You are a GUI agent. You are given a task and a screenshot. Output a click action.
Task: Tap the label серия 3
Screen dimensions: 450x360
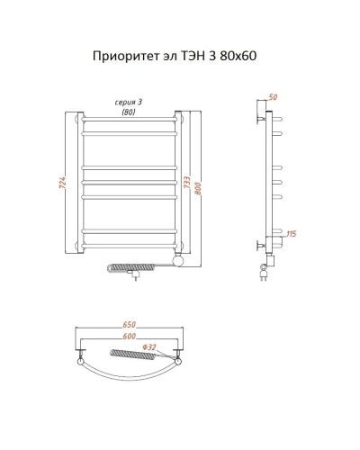[131, 102]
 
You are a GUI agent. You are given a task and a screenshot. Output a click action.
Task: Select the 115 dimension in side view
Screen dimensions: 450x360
[290, 235]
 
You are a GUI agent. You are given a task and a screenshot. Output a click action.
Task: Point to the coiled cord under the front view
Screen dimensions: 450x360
[121, 266]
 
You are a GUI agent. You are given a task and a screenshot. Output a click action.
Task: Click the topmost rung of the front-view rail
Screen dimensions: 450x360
[131, 117]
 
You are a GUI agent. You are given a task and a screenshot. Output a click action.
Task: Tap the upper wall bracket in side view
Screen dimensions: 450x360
[262, 116]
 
